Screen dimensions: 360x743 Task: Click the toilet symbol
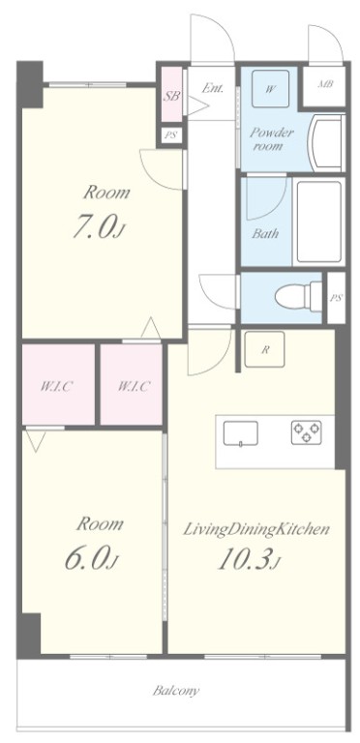(x=298, y=297)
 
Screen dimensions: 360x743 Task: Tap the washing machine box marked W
(x=270, y=89)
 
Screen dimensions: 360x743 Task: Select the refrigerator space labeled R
(x=264, y=349)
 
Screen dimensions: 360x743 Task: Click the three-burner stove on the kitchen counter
(x=307, y=432)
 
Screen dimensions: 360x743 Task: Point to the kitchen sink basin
(x=241, y=433)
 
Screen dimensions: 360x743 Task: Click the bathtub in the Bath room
(x=319, y=222)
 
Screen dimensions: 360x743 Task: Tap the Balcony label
(x=176, y=691)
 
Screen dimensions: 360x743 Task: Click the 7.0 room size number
(x=99, y=227)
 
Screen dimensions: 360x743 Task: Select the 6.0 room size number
(x=91, y=558)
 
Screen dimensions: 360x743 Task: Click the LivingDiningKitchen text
(x=256, y=529)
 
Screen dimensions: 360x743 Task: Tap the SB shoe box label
(x=171, y=96)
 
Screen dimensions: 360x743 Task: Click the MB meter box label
(x=325, y=84)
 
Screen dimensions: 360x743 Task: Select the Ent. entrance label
(x=212, y=88)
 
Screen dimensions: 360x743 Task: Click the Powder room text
(x=271, y=139)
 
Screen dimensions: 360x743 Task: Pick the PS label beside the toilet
(x=336, y=298)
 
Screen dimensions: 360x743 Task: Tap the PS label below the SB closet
(x=170, y=135)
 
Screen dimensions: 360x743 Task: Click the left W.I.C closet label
(x=56, y=386)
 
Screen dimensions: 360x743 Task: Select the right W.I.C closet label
(x=134, y=386)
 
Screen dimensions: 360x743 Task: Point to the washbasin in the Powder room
(x=326, y=142)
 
